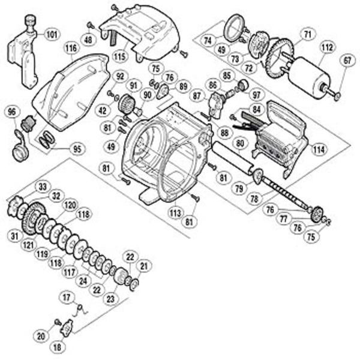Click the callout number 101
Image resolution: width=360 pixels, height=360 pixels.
52,34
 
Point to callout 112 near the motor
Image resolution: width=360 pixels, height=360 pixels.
327,47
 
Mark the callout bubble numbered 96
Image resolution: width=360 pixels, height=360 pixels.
11,112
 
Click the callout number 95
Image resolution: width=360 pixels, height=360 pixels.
76,148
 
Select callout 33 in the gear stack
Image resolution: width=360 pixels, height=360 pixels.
43,187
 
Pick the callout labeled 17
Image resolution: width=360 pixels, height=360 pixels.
66,296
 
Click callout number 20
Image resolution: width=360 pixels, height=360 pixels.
41,336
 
